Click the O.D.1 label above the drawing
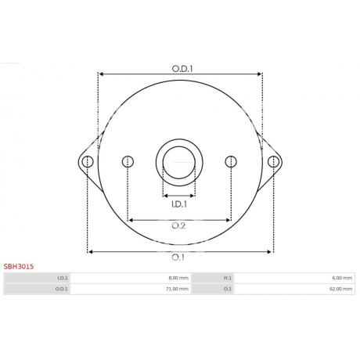click(x=182, y=68)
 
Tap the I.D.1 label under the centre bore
click(x=178, y=204)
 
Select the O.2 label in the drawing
click(x=178, y=226)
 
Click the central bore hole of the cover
click(x=179, y=161)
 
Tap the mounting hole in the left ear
click(x=88, y=162)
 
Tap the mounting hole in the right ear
click(x=272, y=162)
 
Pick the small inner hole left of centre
click(x=128, y=162)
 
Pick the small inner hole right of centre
click(x=230, y=162)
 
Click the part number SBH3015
click(x=19, y=266)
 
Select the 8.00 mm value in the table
click(x=178, y=278)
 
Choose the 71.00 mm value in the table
click(x=178, y=289)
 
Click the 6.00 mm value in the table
click(x=342, y=278)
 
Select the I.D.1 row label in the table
click(x=63, y=278)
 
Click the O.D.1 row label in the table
click(x=62, y=289)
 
